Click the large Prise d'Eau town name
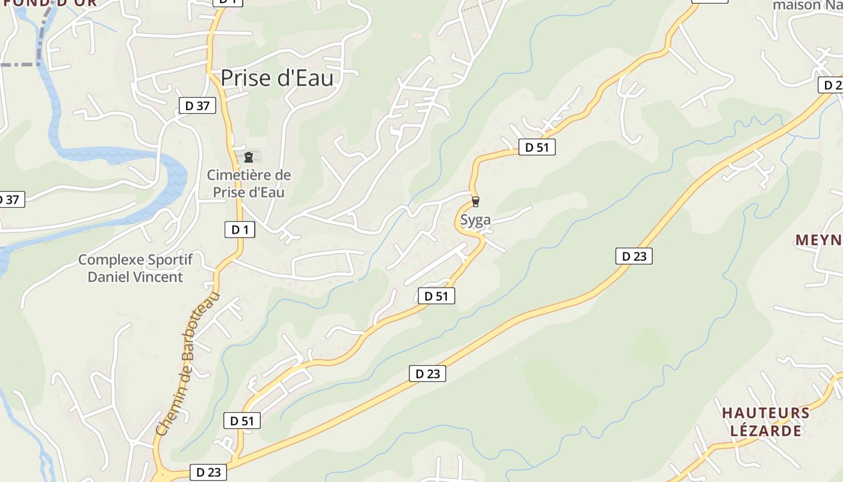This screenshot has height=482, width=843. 277,78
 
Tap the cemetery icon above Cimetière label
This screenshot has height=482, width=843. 248,157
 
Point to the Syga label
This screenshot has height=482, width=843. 475,220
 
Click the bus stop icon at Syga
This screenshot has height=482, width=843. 476,201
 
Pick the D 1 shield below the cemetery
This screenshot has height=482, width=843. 240,229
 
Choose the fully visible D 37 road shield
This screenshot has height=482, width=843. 197,106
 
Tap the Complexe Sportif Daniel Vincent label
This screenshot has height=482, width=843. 135,268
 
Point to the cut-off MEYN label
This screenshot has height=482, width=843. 818,240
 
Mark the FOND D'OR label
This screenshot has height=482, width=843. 48,3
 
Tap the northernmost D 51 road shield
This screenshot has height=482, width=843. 537,147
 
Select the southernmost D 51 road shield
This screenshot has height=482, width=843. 242,421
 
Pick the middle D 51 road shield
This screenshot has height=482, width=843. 436,296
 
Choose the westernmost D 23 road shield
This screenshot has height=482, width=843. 208,472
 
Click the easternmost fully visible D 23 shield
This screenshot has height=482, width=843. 633,256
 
